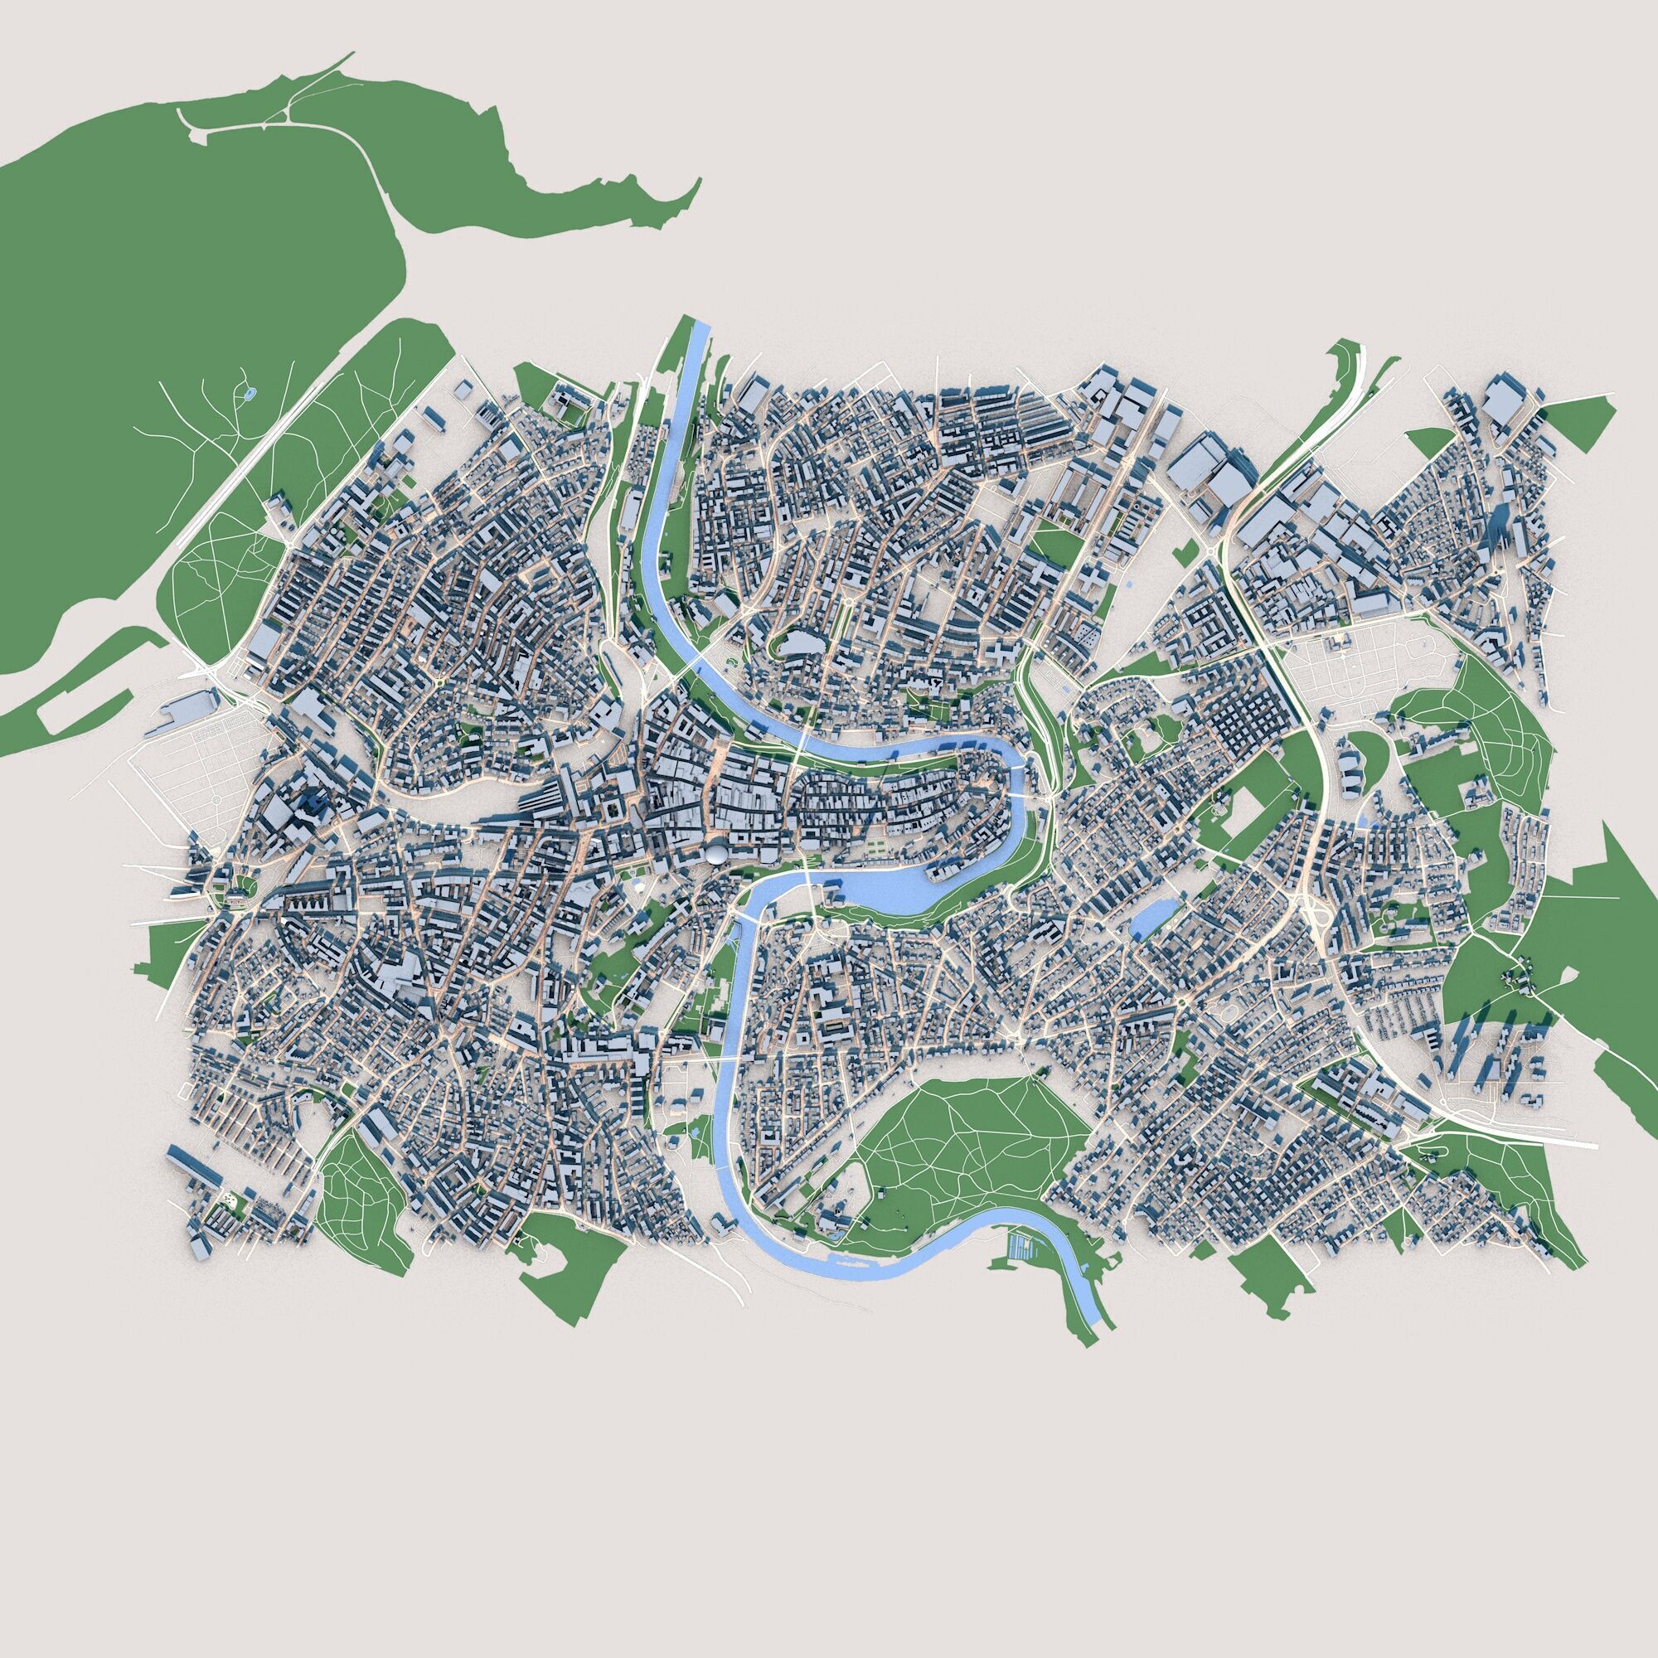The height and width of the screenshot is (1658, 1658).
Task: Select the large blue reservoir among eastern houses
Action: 1147,920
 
